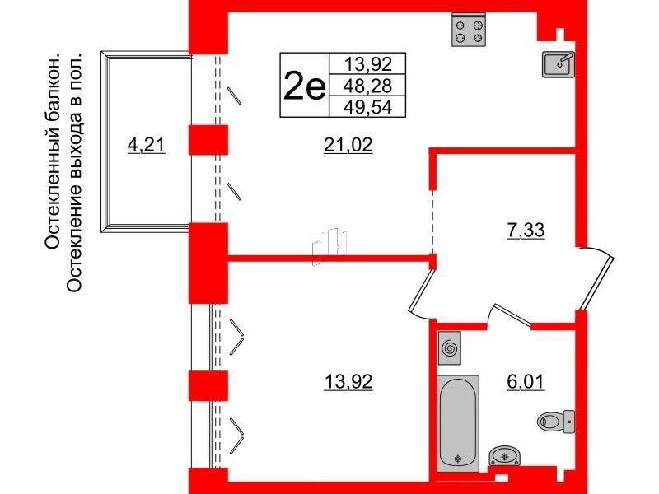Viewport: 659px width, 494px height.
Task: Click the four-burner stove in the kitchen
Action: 469,30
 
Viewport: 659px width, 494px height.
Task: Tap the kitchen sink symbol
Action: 559,64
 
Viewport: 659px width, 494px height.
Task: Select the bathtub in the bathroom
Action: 458,423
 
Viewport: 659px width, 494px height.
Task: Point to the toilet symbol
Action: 555,421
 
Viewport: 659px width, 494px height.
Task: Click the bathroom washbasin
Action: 505,456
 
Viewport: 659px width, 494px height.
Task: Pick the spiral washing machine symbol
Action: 449,347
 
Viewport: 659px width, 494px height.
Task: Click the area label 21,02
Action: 348,146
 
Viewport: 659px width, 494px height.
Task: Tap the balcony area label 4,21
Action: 147,146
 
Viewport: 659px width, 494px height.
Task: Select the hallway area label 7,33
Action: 526,231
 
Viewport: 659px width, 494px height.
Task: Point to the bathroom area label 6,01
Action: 526,382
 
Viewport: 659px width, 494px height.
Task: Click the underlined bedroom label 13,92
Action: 348,382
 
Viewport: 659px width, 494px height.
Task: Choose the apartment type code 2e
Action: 304,86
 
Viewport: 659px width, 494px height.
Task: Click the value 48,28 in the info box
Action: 367,86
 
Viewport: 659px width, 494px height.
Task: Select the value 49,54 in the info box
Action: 367,107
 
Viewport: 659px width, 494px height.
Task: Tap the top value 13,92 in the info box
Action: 367,64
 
